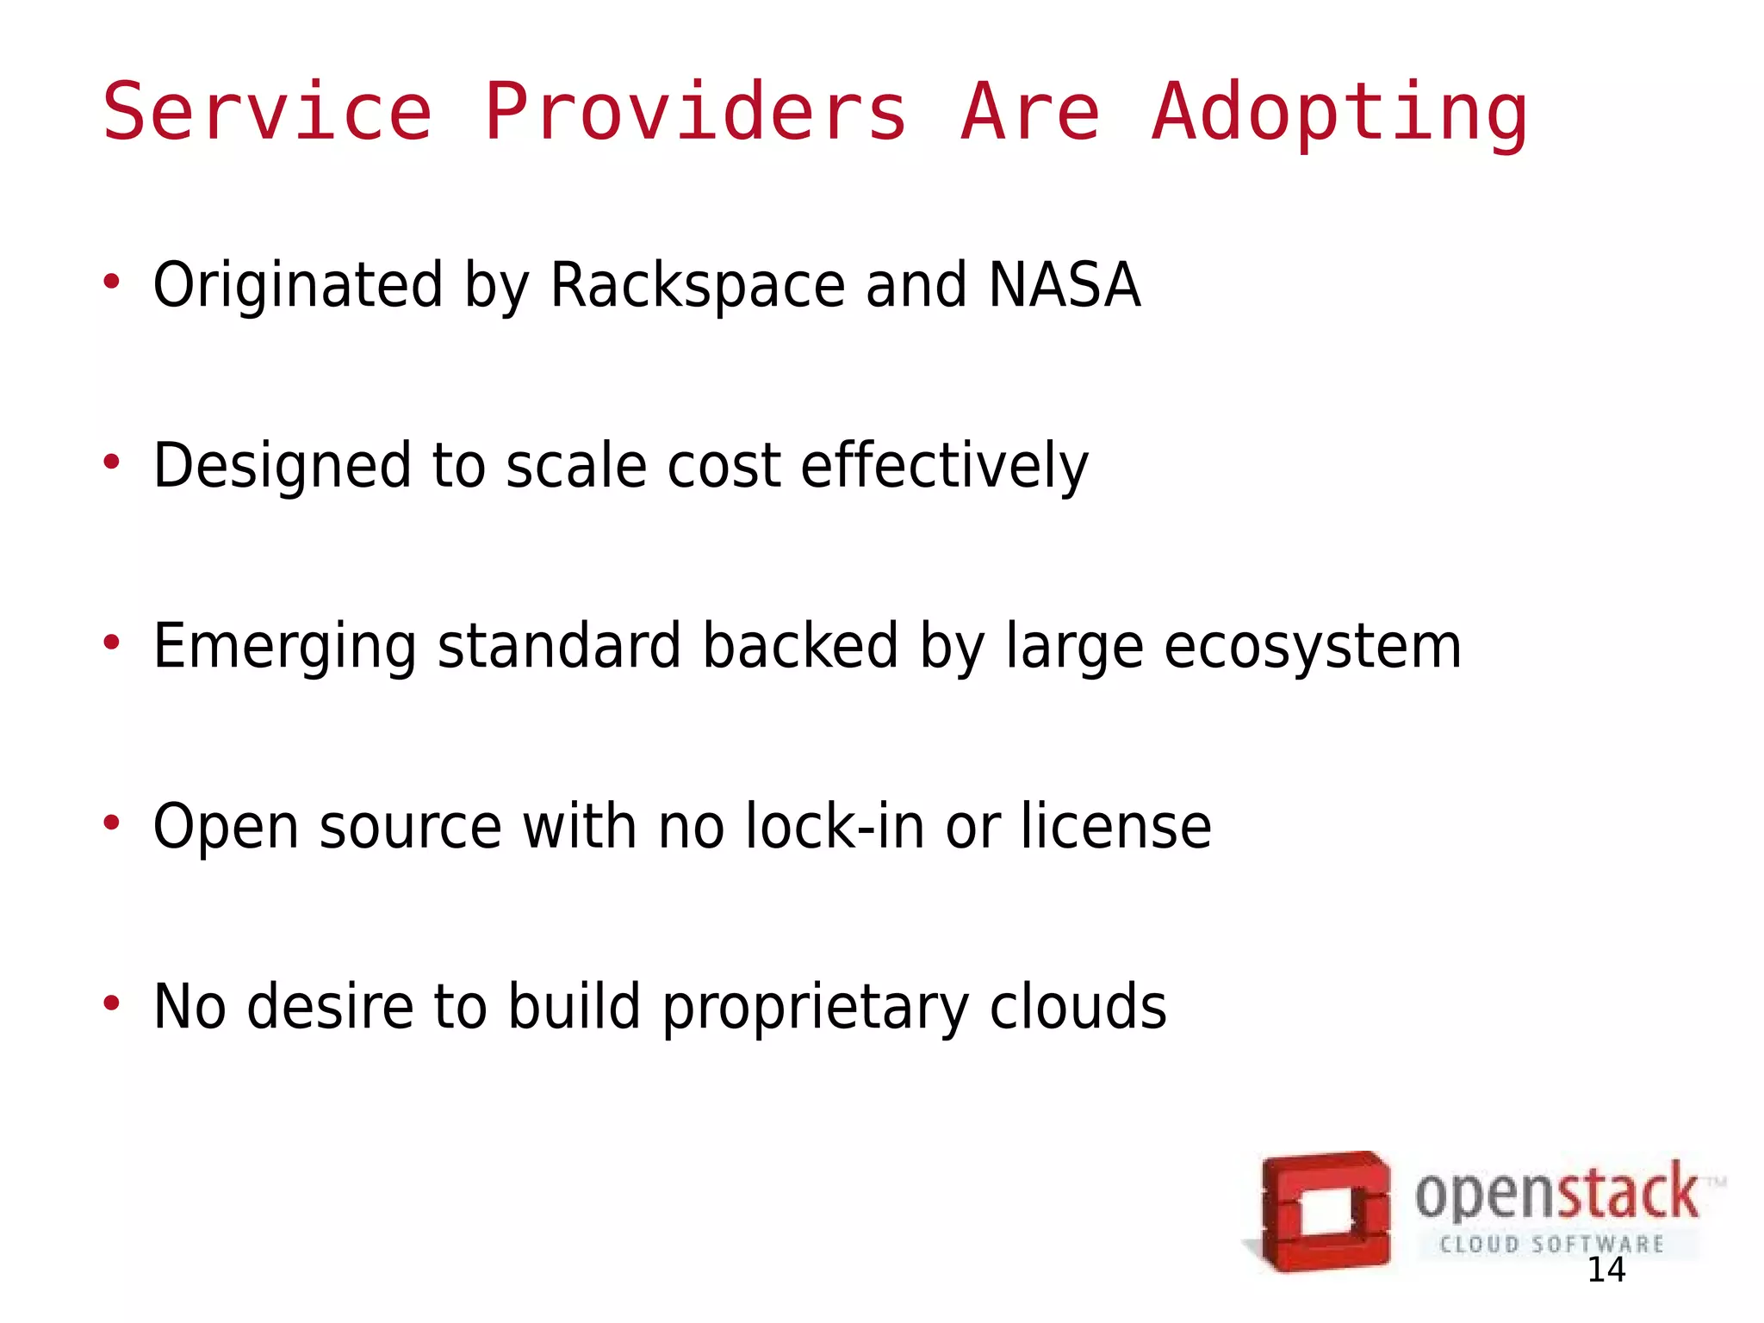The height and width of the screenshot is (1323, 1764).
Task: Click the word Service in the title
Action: tap(267, 112)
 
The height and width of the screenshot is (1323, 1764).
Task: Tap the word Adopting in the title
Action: tap(1339, 114)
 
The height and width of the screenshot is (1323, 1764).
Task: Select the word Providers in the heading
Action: tap(695, 112)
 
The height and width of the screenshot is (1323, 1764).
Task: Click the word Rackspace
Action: tap(697, 286)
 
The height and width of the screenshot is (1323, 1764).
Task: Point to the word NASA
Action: tap(1065, 285)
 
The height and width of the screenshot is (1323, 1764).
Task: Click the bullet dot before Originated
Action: tap(111, 282)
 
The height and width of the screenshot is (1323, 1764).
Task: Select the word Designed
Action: tap(282, 466)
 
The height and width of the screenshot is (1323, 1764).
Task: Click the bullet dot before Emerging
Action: tap(111, 643)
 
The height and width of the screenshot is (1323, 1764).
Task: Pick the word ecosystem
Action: tap(1312, 647)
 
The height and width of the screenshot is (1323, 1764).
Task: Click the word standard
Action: tap(559, 646)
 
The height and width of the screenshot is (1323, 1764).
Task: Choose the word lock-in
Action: tap(835, 826)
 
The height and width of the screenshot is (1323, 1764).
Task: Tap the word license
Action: tap(1116, 826)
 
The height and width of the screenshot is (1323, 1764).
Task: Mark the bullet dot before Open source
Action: tap(111, 823)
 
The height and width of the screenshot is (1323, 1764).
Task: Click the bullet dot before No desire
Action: tap(111, 1003)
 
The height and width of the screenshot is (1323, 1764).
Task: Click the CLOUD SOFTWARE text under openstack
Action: tap(1551, 1244)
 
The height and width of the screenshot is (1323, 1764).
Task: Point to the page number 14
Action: tap(1606, 1270)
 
